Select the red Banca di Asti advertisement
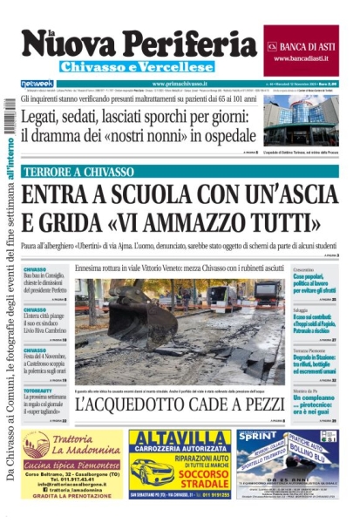click(301, 50)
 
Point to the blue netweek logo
click(37, 84)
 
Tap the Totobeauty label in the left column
click(37, 391)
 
